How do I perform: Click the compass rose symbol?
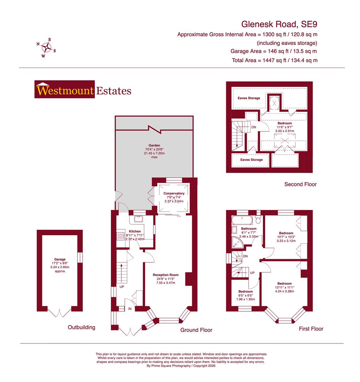coord(46,47)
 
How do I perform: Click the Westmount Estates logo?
coord(83,91)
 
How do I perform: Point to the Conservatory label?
coord(174,193)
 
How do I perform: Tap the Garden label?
coord(154,145)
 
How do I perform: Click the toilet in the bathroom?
coord(258,220)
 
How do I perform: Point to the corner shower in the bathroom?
coord(237,242)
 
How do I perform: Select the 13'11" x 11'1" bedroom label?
coord(284,284)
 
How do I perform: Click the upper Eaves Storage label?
coord(248,98)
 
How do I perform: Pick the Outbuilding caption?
coord(81,328)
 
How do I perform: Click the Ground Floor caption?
coord(196,330)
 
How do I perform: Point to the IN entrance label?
coord(130,309)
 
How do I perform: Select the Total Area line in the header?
coord(275,60)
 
